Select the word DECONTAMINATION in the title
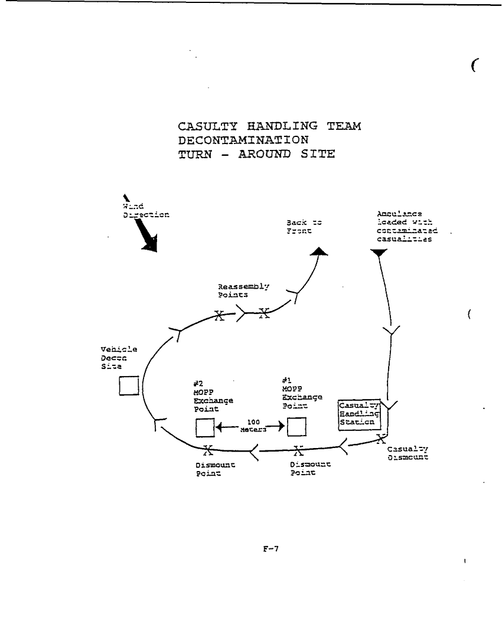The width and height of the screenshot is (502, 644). click(243, 140)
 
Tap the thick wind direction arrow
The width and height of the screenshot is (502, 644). click(142, 227)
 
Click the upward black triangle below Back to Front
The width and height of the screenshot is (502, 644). click(319, 252)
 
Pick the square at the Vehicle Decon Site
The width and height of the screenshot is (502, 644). click(129, 385)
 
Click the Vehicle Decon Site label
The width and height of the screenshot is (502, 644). click(118, 357)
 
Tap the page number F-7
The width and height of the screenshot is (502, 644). click(270, 548)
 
